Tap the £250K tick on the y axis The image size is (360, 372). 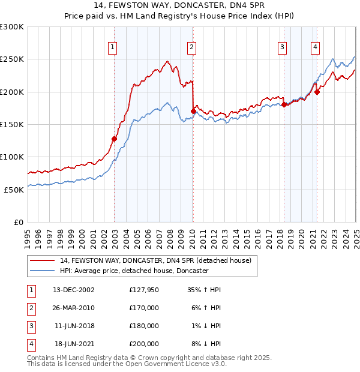(12, 59)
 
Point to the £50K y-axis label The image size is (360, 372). (14, 190)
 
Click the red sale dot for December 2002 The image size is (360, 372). (114, 139)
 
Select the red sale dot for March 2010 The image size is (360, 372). (193, 111)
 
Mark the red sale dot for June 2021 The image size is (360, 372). (317, 92)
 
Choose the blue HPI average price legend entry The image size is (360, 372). (134, 271)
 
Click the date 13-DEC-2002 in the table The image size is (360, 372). (74, 290)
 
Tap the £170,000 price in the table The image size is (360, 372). (144, 308)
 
